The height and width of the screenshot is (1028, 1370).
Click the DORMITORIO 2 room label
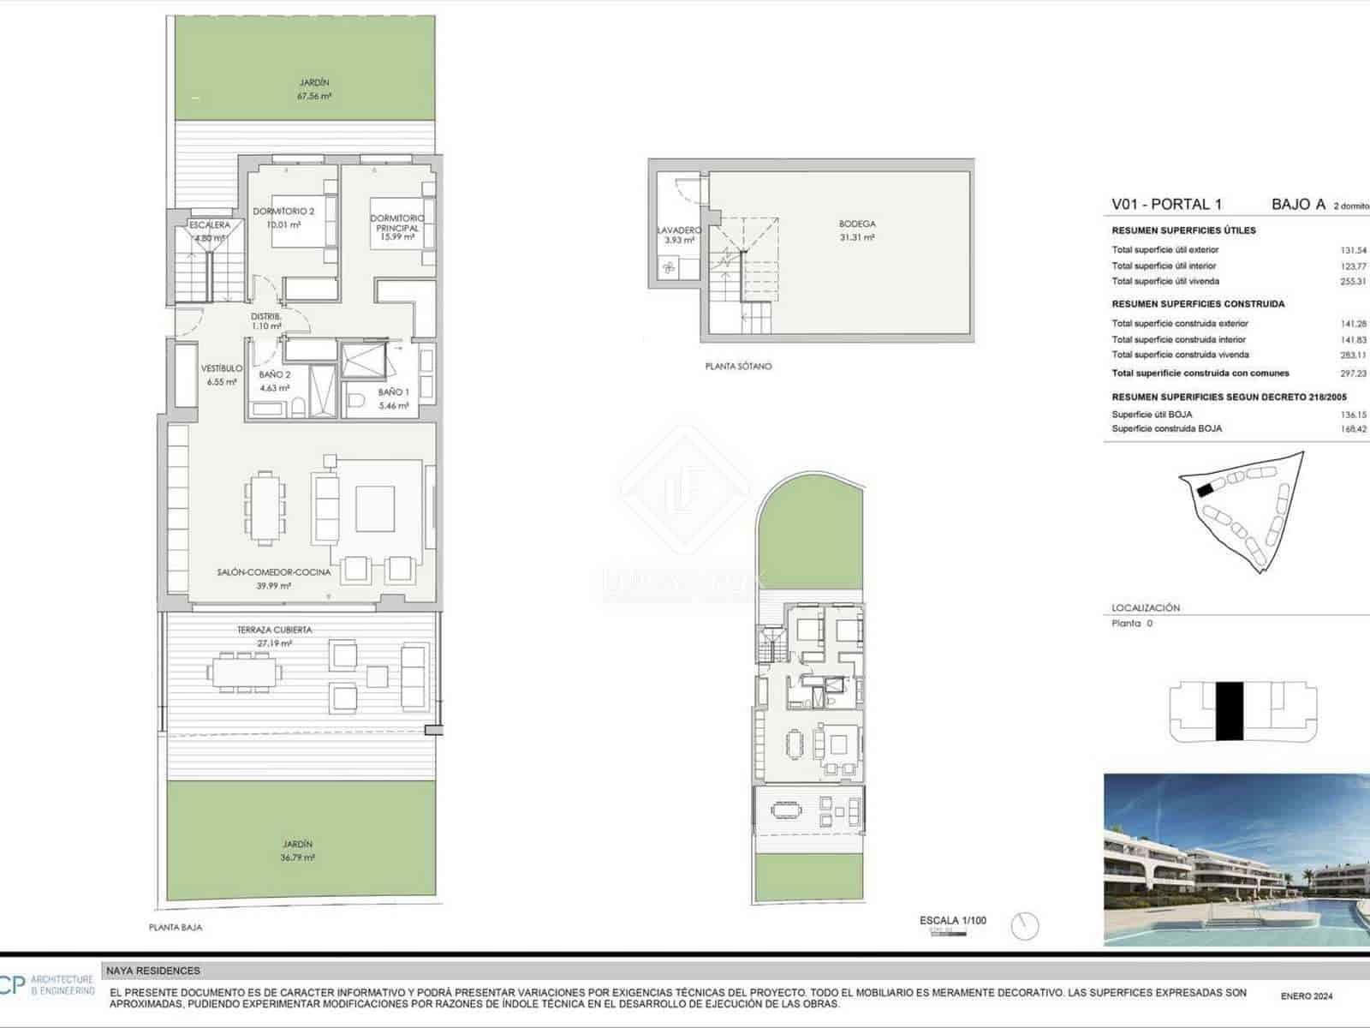[283, 212]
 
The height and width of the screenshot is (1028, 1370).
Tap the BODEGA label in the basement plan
[857, 224]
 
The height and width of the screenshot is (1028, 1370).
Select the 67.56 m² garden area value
[314, 97]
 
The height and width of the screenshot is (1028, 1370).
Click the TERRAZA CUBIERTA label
[274, 630]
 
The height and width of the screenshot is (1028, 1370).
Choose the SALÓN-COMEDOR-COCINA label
[273, 572]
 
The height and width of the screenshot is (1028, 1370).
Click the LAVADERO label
[679, 230]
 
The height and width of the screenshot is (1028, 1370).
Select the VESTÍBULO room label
[222, 368]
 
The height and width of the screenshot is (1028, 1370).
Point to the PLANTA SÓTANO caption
[738, 367]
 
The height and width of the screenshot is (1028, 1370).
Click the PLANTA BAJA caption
[176, 928]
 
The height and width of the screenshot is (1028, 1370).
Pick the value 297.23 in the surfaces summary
[1353, 374]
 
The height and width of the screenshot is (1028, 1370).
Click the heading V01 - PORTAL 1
[1166, 204]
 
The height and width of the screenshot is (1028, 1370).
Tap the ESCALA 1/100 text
[952, 921]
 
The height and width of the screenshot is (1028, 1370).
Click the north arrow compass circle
[1024, 926]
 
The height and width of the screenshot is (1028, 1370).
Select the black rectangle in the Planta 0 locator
[1229, 711]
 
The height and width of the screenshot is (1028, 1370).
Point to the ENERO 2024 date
[1307, 996]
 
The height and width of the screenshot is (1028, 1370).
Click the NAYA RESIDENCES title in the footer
[153, 971]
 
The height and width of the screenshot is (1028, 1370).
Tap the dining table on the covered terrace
[246, 672]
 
